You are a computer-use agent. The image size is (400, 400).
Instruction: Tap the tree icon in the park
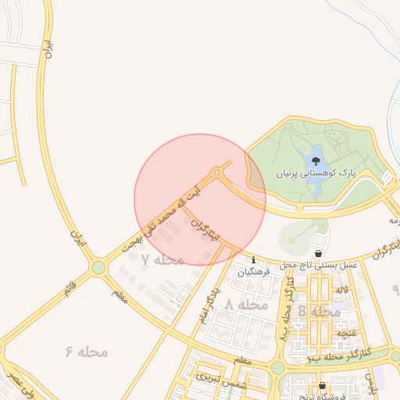(x=315, y=162)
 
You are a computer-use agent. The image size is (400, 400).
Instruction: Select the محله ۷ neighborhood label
(x=162, y=259)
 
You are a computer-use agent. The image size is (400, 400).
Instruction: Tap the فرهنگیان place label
(x=253, y=272)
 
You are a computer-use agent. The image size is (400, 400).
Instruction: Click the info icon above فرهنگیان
(x=253, y=260)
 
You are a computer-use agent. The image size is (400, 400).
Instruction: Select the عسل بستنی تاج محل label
(x=319, y=266)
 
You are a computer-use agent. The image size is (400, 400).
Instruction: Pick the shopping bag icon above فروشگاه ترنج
(x=322, y=385)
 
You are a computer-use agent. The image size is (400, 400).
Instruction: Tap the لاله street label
(x=341, y=290)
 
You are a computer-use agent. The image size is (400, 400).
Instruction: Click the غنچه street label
(x=342, y=333)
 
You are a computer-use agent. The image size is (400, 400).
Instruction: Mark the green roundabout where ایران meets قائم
(x=98, y=268)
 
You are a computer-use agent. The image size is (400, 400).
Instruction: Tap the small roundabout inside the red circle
(x=216, y=172)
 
